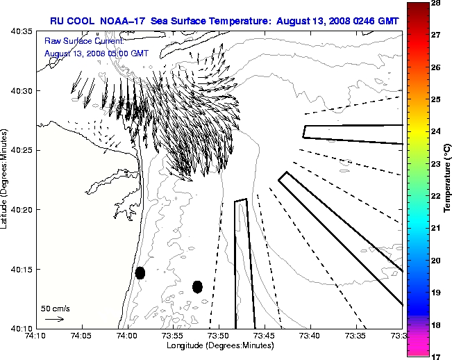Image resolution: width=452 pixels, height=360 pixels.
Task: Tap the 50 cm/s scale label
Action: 55,308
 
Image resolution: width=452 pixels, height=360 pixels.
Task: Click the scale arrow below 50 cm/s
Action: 54,319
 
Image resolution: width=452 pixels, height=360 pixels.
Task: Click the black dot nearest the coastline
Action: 140,272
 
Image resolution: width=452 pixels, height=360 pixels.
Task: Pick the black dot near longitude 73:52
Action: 197,286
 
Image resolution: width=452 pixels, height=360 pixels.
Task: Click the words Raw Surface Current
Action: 75,42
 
